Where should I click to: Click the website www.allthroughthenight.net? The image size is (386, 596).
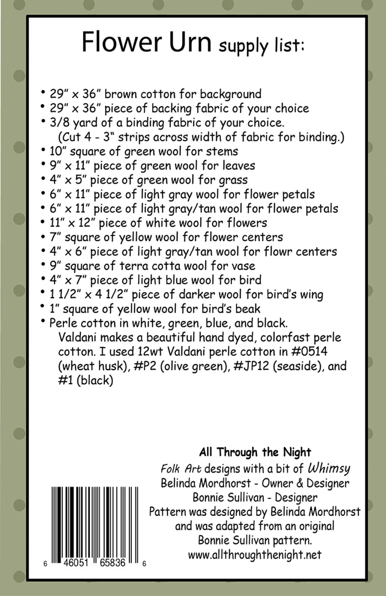(x=254, y=555)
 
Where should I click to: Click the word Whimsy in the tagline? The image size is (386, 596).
(x=329, y=468)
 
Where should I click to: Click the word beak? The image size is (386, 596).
(x=247, y=309)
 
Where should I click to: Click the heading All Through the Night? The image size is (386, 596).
(x=255, y=452)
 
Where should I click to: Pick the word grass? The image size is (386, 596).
(x=233, y=180)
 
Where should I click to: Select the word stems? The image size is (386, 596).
(x=223, y=151)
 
